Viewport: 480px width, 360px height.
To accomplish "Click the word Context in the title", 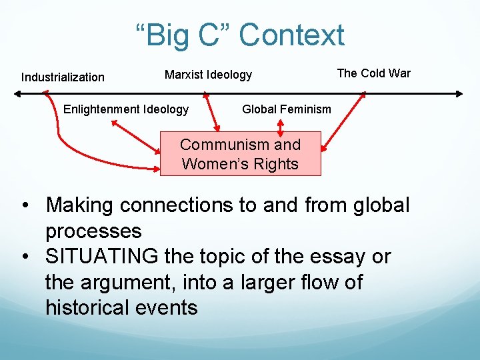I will pyautogui.click(x=292, y=35).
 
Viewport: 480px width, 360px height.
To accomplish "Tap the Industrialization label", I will pyautogui.click(x=63, y=77).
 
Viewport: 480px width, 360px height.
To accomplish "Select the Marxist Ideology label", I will pyautogui.click(x=208, y=75).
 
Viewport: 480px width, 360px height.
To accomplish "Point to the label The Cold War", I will pyautogui.click(x=373, y=73).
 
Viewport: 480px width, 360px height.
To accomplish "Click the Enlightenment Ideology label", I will pyautogui.click(x=126, y=109).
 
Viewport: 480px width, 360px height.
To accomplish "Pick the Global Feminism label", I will pyautogui.click(x=286, y=109).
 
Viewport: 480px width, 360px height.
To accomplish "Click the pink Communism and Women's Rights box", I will pyautogui.click(x=240, y=154).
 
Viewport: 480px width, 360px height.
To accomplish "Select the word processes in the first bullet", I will pyautogui.click(x=93, y=231).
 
